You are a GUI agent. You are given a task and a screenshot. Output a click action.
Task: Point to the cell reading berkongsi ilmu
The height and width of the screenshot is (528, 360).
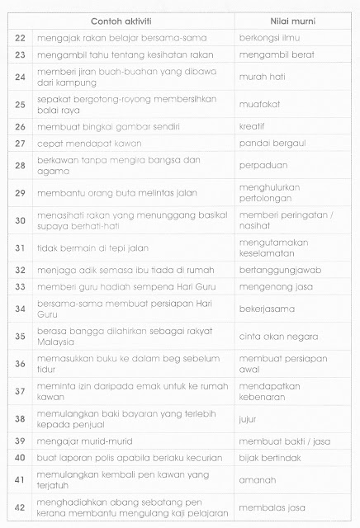click(x=271, y=38)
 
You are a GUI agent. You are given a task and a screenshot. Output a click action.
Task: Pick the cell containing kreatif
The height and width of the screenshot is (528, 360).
click(x=252, y=127)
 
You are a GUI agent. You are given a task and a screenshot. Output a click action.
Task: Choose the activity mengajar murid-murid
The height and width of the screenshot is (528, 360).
click(x=85, y=418)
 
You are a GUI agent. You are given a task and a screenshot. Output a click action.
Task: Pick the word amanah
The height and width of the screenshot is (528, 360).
click(x=253, y=458)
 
